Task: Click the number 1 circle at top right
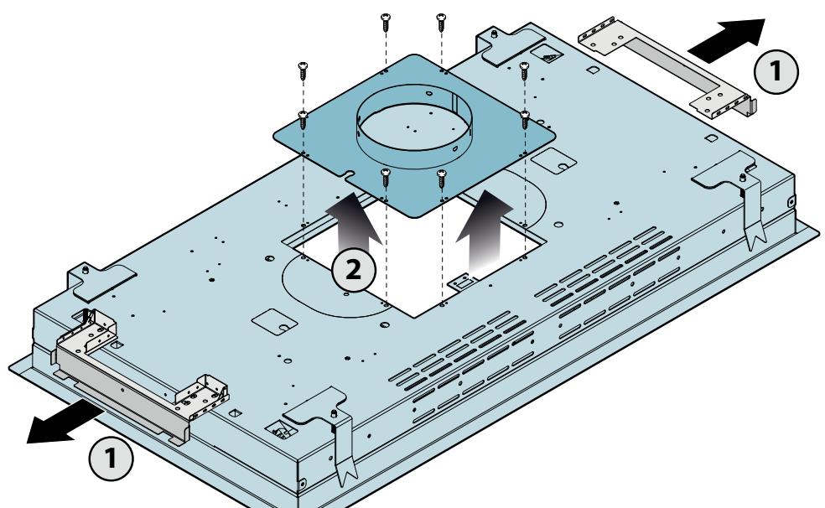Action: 776,71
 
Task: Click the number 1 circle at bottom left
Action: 111,458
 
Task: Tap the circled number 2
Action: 354,270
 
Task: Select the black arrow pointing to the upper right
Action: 727,40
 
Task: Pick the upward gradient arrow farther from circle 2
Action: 484,231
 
